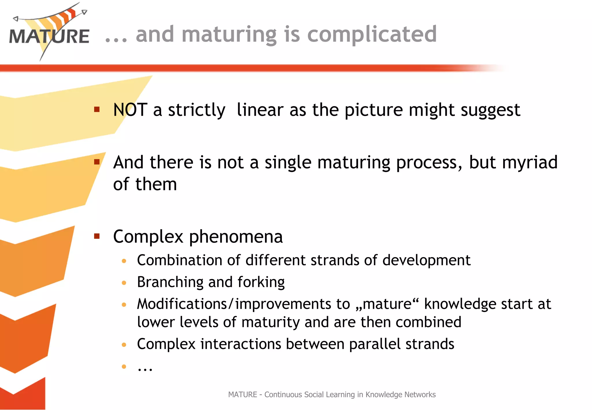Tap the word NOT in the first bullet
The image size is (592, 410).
click(x=130, y=110)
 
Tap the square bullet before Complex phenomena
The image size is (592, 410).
click(x=97, y=237)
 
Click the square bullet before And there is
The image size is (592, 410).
click(x=97, y=162)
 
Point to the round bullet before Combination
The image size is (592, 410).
click(x=124, y=261)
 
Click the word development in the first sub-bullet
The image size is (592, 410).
click(x=426, y=260)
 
